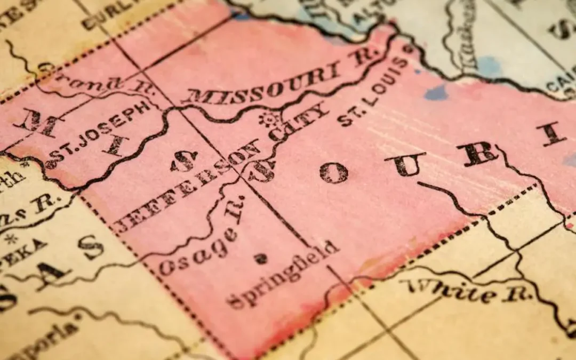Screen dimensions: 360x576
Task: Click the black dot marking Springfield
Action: click(x=260, y=259)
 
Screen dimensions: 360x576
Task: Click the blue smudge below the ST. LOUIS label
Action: click(x=436, y=93)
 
